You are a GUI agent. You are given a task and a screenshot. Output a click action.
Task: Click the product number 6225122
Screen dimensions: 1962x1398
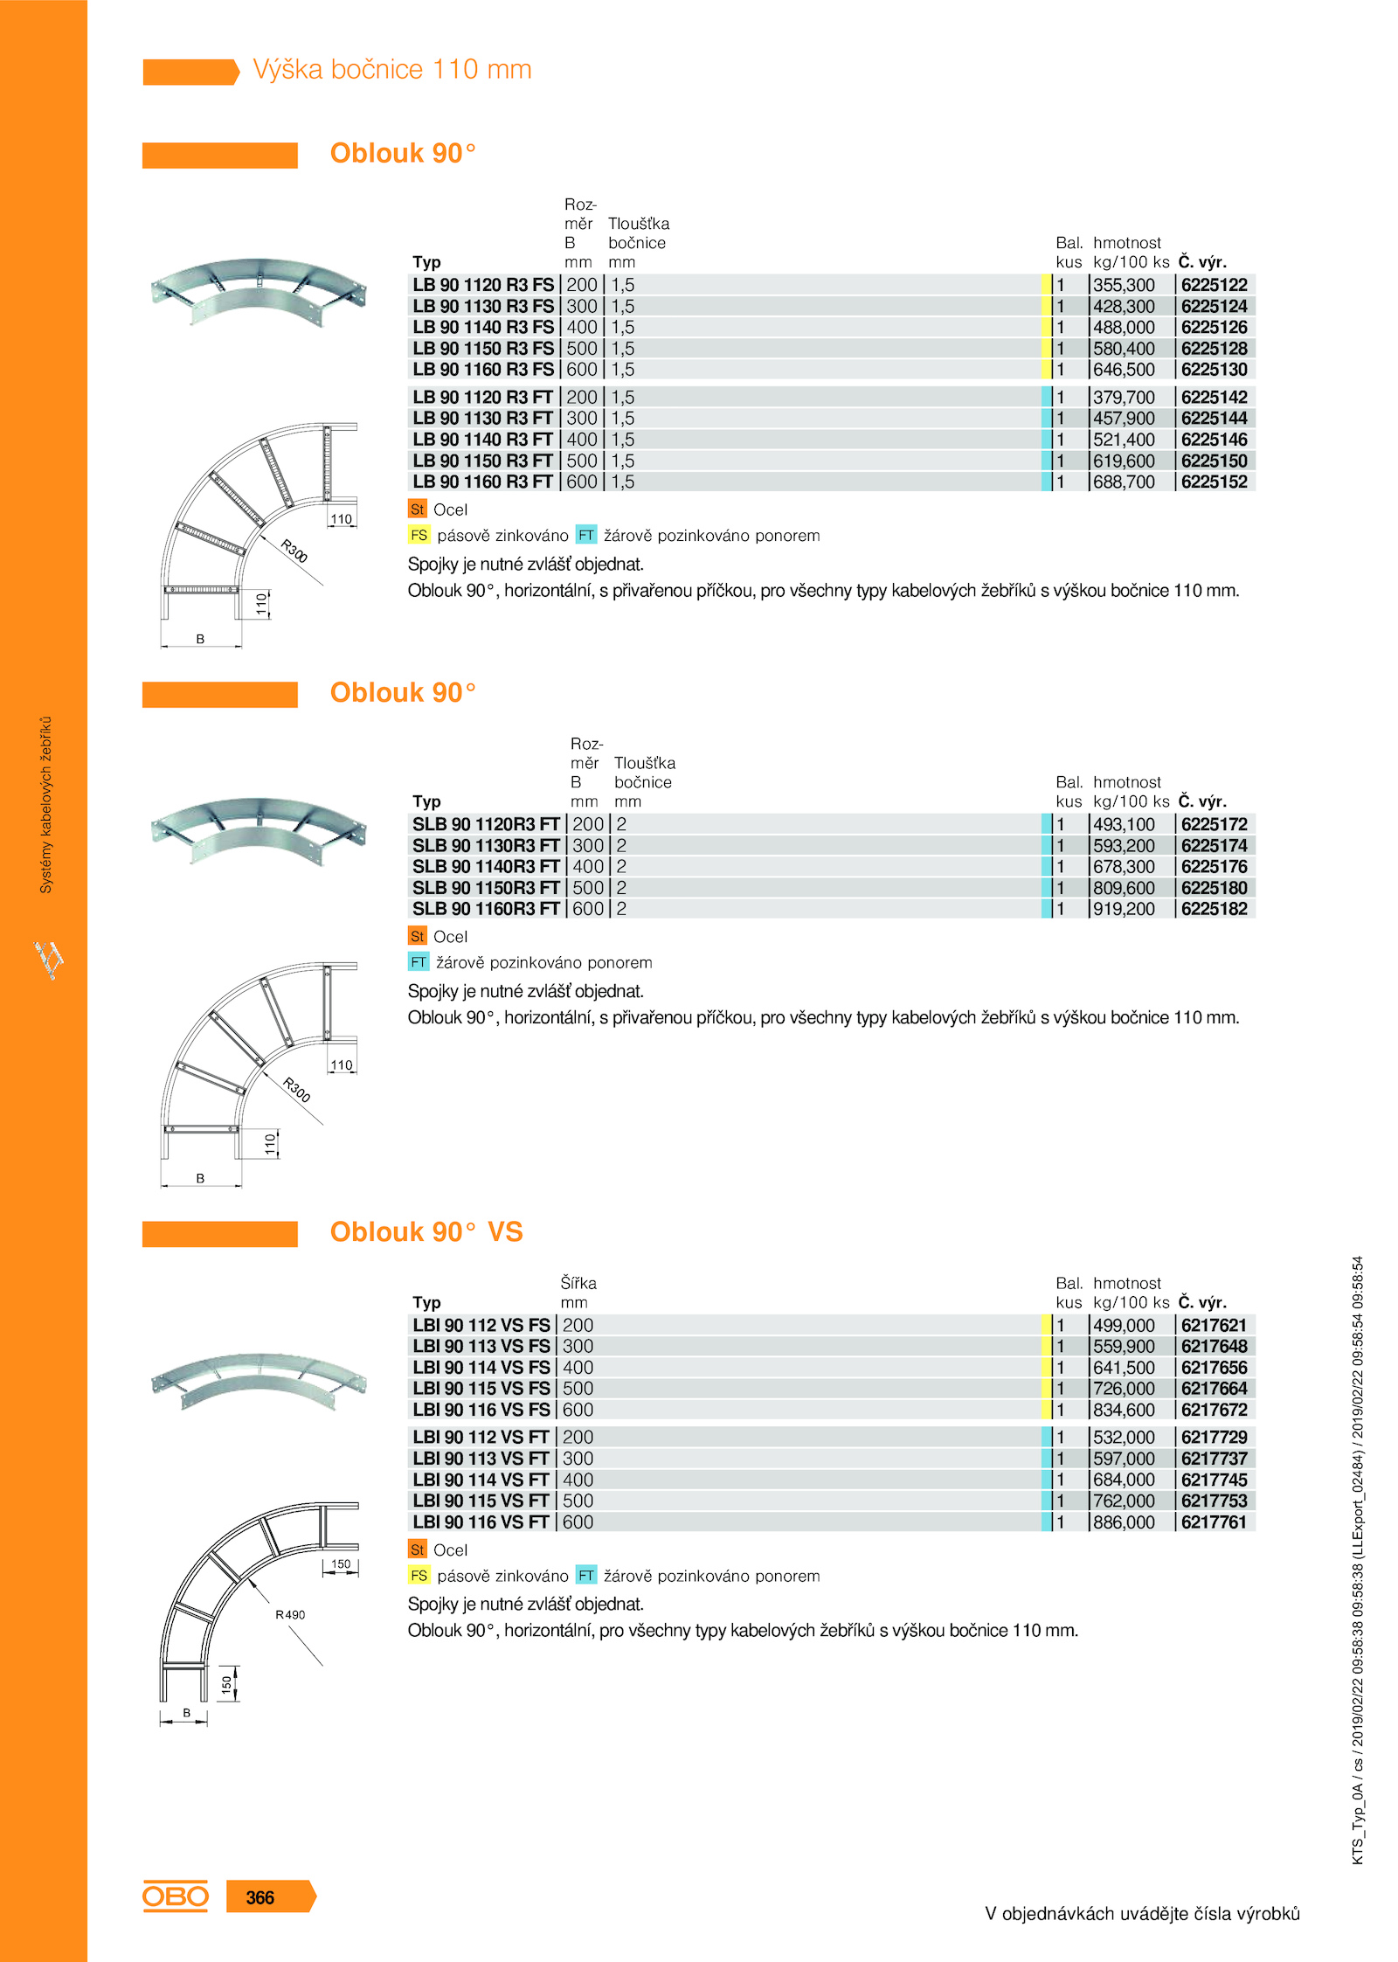[x=1214, y=285]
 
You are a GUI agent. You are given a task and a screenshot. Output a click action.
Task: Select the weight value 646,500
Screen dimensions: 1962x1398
[x=1124, y=370]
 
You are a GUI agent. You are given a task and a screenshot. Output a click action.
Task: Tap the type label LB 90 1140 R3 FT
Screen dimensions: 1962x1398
[x=482, y=440]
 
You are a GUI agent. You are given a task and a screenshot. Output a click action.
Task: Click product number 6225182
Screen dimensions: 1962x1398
[x=1214, y=909]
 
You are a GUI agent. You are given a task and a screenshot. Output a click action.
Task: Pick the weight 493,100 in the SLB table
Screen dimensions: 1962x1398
[x=1124, y=824]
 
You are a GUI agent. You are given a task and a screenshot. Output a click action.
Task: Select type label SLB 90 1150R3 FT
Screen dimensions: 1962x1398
[x=486, y=888]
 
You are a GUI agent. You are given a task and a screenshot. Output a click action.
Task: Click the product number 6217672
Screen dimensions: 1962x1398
[x=1214, y=1410]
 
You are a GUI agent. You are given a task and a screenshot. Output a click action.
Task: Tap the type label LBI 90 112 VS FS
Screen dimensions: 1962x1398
[x=481, y=1325]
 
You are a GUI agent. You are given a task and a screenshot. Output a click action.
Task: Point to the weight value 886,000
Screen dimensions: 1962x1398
[x=1124, y=1522]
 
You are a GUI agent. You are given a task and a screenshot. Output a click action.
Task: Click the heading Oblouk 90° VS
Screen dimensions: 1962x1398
[x=426, y=1231]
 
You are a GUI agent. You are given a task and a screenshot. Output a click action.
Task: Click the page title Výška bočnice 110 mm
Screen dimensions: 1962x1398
[x=392, y=69]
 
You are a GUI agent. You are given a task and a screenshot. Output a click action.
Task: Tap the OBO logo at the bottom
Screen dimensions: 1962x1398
[x=176, y=1896]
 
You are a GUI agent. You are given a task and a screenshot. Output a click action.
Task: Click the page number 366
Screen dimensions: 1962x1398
[x=260, y=1897]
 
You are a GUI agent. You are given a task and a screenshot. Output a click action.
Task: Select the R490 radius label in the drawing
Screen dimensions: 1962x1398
[x=290, y=1614]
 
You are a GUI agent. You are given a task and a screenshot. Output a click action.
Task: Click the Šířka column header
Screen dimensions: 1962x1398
[x=578, y=1283]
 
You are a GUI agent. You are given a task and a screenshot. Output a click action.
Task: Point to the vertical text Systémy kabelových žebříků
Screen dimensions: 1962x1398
[x=46, y=805]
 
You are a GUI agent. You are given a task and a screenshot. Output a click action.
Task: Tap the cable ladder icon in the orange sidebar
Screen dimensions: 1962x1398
[x=49, y=959]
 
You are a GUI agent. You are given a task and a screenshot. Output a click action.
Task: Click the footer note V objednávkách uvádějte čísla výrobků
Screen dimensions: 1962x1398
[x=1142, y=1913]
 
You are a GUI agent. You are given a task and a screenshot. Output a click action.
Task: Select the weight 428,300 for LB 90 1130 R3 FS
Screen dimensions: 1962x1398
[x=1124, y=306]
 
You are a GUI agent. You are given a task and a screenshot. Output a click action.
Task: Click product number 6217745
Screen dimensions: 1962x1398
[x=1214, y=1480]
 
